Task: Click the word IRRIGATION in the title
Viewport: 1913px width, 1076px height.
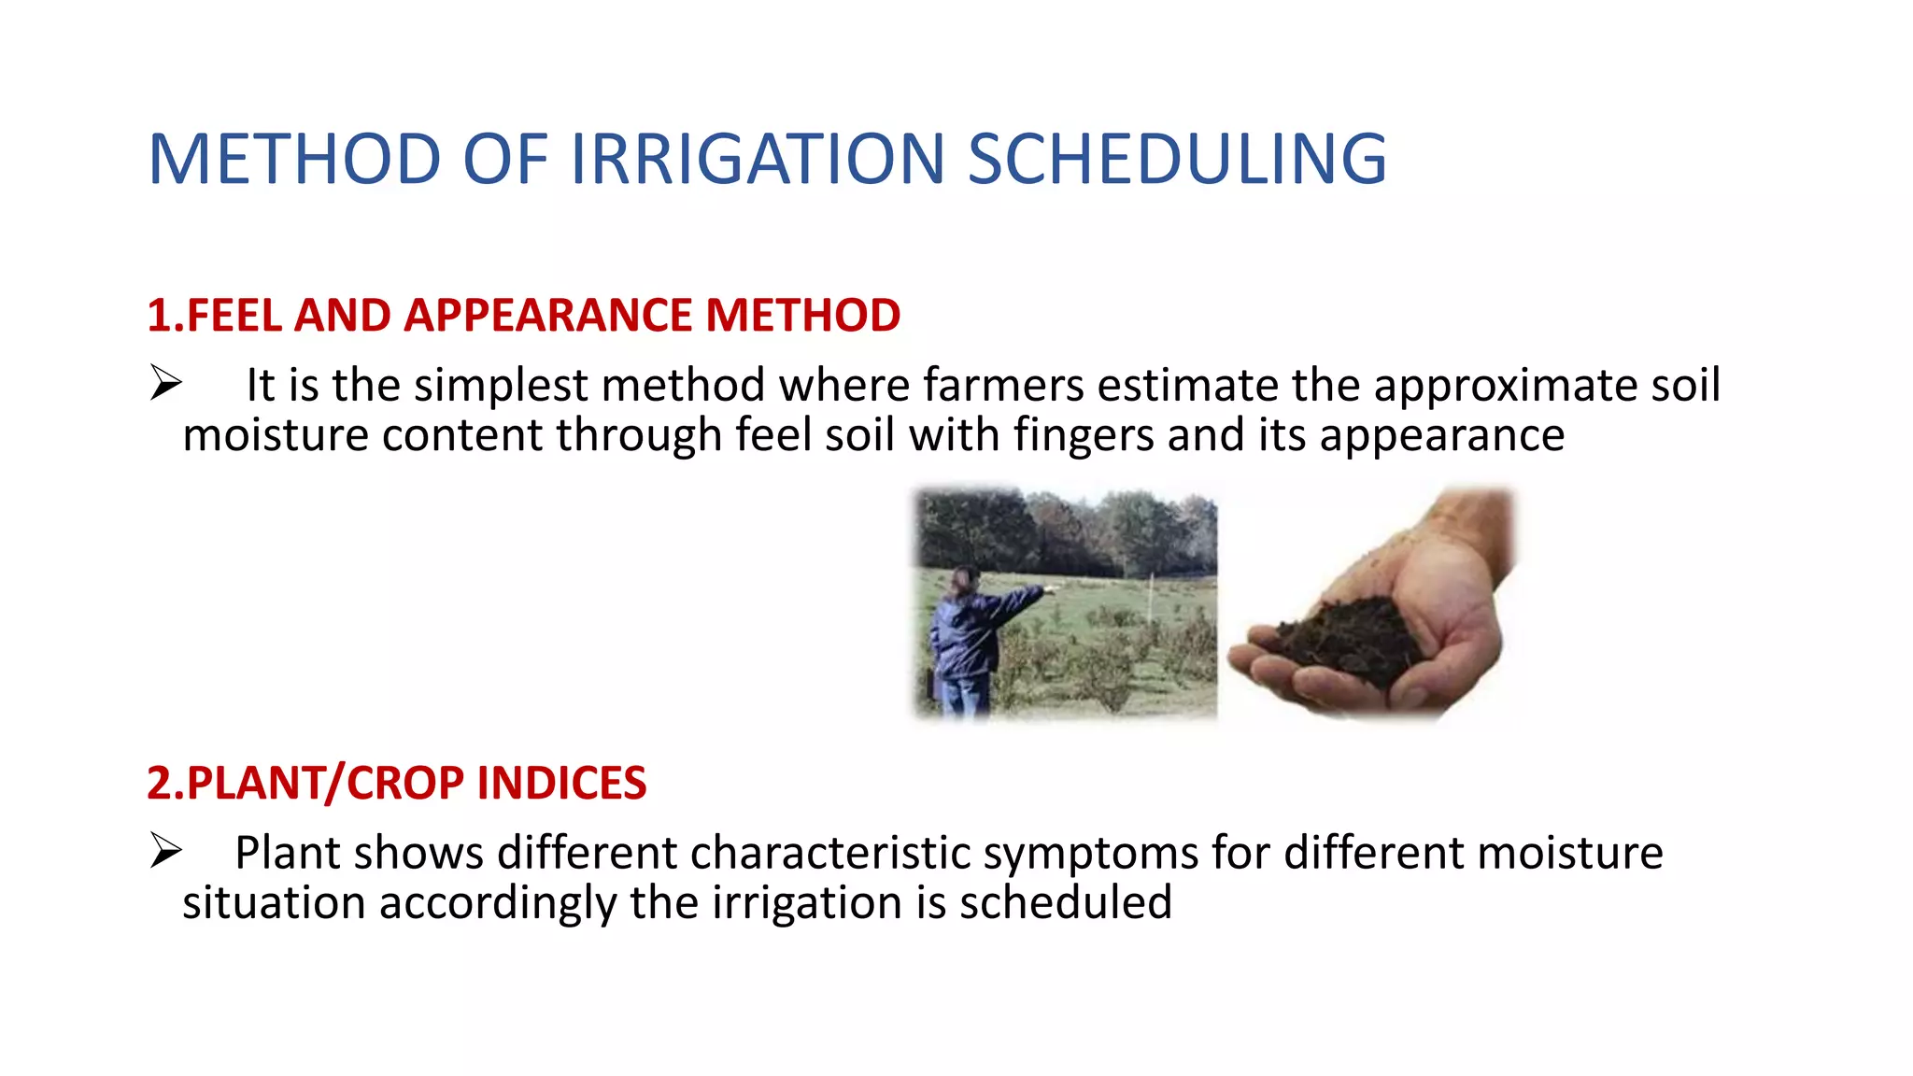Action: (x=757, y=159)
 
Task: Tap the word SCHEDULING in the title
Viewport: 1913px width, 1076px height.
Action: (x=1176, y=159)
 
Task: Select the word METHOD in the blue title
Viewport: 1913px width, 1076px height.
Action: (x=294, y=159)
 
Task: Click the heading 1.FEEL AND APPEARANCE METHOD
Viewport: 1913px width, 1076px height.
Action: (x=523, y=316)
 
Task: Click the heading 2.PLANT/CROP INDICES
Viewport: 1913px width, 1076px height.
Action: (x=396, y=783)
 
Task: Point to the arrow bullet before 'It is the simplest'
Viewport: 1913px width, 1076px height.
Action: (x=165, y=384)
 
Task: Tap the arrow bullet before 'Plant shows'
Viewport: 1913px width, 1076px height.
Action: (x=165, y=851)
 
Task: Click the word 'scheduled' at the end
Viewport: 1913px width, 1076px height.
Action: (x=1065, y=903)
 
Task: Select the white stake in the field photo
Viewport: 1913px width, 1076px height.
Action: (x=1151, y=598)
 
